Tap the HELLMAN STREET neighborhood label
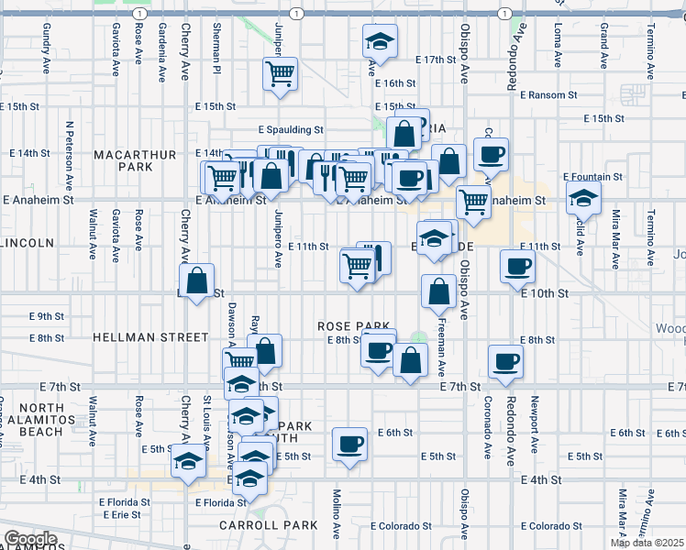[150, 337]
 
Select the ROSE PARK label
[354, 326]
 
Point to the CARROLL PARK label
[268, 525]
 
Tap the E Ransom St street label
[548, 94]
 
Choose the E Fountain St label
[592, 176]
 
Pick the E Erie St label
[120, 515]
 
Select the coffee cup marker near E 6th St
[349, 445]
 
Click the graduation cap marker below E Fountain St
[582, 197]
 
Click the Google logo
[30, 539]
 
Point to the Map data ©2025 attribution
[647, 543]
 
